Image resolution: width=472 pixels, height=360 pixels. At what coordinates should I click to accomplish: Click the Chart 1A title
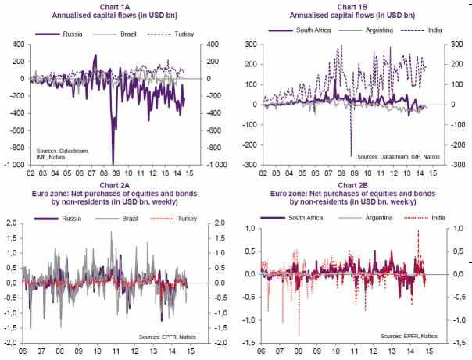pos(114,11)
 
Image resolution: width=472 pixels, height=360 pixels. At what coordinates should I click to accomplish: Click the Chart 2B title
pos(352,194)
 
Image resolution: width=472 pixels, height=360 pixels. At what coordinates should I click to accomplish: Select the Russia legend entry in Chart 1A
pos(59,34)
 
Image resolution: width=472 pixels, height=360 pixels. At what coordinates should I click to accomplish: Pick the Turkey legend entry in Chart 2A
pos(173,219)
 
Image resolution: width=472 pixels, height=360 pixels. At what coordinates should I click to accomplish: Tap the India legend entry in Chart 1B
pos(422,30)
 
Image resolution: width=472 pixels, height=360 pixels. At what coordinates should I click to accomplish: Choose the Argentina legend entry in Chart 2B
pos(366,218)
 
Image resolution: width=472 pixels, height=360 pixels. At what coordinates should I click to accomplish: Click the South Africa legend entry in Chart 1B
pos(299,30)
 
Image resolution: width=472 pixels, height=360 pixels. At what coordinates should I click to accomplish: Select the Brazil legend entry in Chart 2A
pos(116,219)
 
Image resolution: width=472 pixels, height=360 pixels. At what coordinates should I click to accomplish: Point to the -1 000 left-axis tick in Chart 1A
pos(14,165)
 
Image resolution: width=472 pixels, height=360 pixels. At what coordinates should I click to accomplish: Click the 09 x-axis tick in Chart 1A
pos(116,173)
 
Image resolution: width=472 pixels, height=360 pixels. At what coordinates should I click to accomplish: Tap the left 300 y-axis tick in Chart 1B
pos(251,45)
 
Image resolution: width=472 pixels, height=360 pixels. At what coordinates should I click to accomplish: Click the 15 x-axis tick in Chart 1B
pos(433,173)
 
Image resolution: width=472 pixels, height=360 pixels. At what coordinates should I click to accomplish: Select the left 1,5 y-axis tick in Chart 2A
pos(13,238)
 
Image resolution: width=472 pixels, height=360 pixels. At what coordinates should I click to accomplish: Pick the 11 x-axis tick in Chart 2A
pos(116,351)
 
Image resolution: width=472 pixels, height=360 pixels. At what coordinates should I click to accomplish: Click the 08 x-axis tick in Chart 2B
pos(299,351)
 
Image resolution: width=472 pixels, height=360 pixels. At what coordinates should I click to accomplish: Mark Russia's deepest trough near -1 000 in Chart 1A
pos(113,164)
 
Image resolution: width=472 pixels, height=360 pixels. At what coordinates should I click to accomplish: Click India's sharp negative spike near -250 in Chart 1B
pos(351,155)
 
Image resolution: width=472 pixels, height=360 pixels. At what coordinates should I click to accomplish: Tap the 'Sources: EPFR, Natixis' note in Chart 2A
pos(167,337)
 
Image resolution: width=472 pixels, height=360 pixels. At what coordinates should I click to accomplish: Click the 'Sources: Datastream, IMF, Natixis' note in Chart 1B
pos(399,157)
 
